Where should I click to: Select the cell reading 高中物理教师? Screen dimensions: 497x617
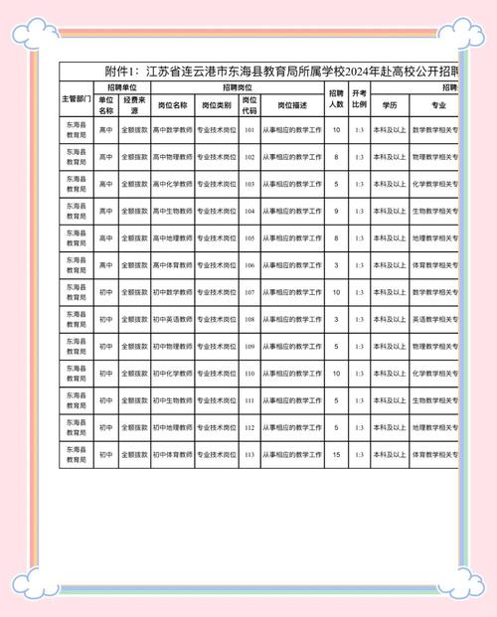[172, 157]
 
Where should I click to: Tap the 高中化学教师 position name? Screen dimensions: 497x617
[172, 184]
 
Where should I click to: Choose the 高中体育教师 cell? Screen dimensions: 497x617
[172, 265]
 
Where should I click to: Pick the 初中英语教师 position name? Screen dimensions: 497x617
[172, 319]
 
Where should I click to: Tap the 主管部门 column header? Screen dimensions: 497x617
[77, 99]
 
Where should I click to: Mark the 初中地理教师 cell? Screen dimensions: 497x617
[172, 427]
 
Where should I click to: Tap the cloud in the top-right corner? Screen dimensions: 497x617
[462, 30]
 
